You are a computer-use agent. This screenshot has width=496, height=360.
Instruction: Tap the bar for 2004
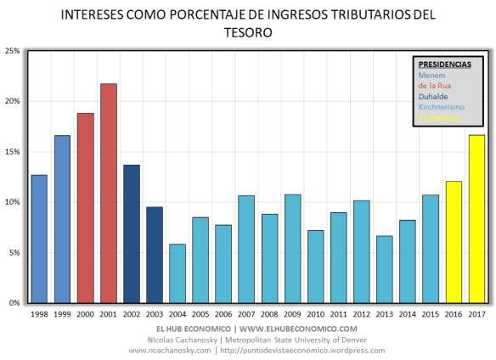178,273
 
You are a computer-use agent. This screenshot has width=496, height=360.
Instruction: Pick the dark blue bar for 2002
132,233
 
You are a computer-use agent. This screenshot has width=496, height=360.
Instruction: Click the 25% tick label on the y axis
13,51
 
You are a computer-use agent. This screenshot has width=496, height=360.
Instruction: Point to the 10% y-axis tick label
13,202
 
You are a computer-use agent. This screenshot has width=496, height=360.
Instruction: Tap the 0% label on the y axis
15,303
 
